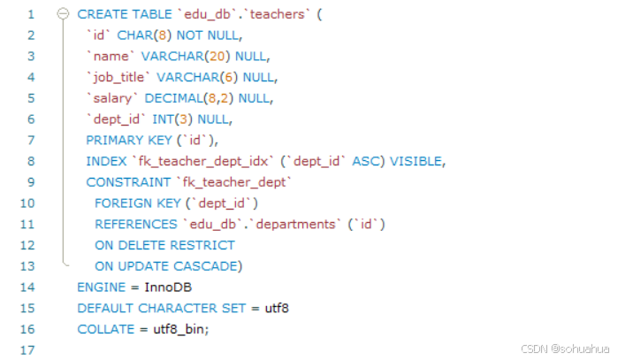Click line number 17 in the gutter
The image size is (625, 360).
31,350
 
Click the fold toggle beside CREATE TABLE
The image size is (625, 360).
63,14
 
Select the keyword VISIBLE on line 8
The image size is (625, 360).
416,161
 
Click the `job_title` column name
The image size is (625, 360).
119,77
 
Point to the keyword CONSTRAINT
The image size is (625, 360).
128,182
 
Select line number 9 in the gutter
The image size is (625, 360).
31,182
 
